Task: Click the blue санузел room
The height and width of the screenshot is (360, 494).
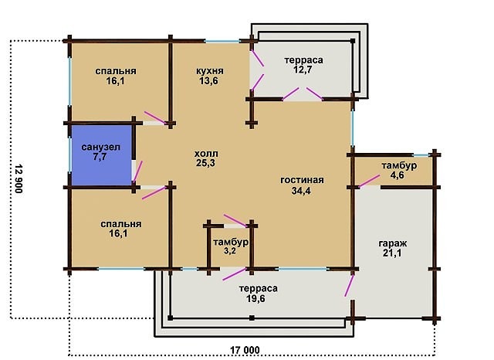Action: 101,155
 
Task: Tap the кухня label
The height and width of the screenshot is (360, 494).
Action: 209,71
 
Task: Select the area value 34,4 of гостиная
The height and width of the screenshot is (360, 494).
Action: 301,190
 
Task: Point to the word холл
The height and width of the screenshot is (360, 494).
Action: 206,154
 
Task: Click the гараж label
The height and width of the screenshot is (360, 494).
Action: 393,243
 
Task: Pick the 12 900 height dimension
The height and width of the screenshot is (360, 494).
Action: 19,178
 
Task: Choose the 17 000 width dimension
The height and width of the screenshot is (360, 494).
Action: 245,350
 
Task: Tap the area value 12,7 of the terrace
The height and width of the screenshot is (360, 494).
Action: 303,70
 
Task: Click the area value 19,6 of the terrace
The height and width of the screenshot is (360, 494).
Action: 255,298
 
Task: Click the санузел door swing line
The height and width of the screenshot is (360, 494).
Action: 137,172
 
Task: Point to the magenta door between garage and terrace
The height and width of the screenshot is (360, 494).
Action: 349,286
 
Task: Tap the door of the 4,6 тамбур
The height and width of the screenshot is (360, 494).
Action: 369,182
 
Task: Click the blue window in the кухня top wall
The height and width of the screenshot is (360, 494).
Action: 222,41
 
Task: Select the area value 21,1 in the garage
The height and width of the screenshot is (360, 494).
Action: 392,253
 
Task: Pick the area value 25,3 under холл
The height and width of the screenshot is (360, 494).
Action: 206,163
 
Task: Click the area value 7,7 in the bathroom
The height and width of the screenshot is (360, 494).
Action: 100,157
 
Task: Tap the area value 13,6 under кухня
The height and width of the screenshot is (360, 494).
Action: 208,80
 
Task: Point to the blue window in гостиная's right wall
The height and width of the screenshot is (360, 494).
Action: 353,127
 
